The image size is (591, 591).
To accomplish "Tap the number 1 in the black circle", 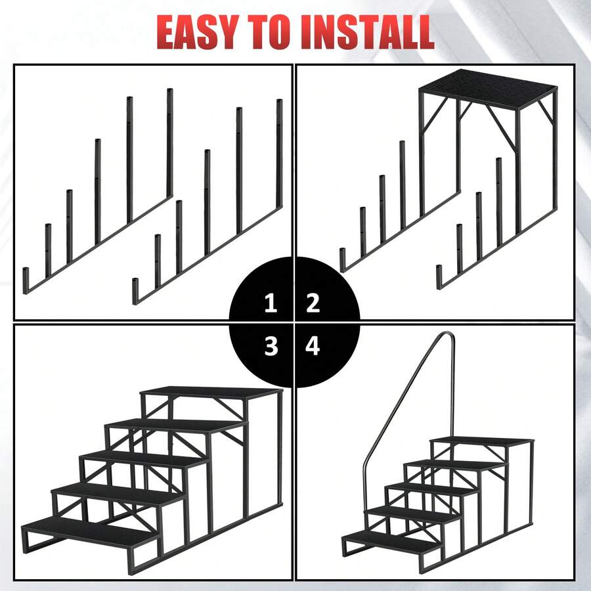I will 271,303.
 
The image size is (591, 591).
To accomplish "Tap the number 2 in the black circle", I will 313,303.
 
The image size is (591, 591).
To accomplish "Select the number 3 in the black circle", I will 271,346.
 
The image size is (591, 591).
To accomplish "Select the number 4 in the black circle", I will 313,346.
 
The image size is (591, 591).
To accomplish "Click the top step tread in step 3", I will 210,392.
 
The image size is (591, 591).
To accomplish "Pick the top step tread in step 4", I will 483,440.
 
